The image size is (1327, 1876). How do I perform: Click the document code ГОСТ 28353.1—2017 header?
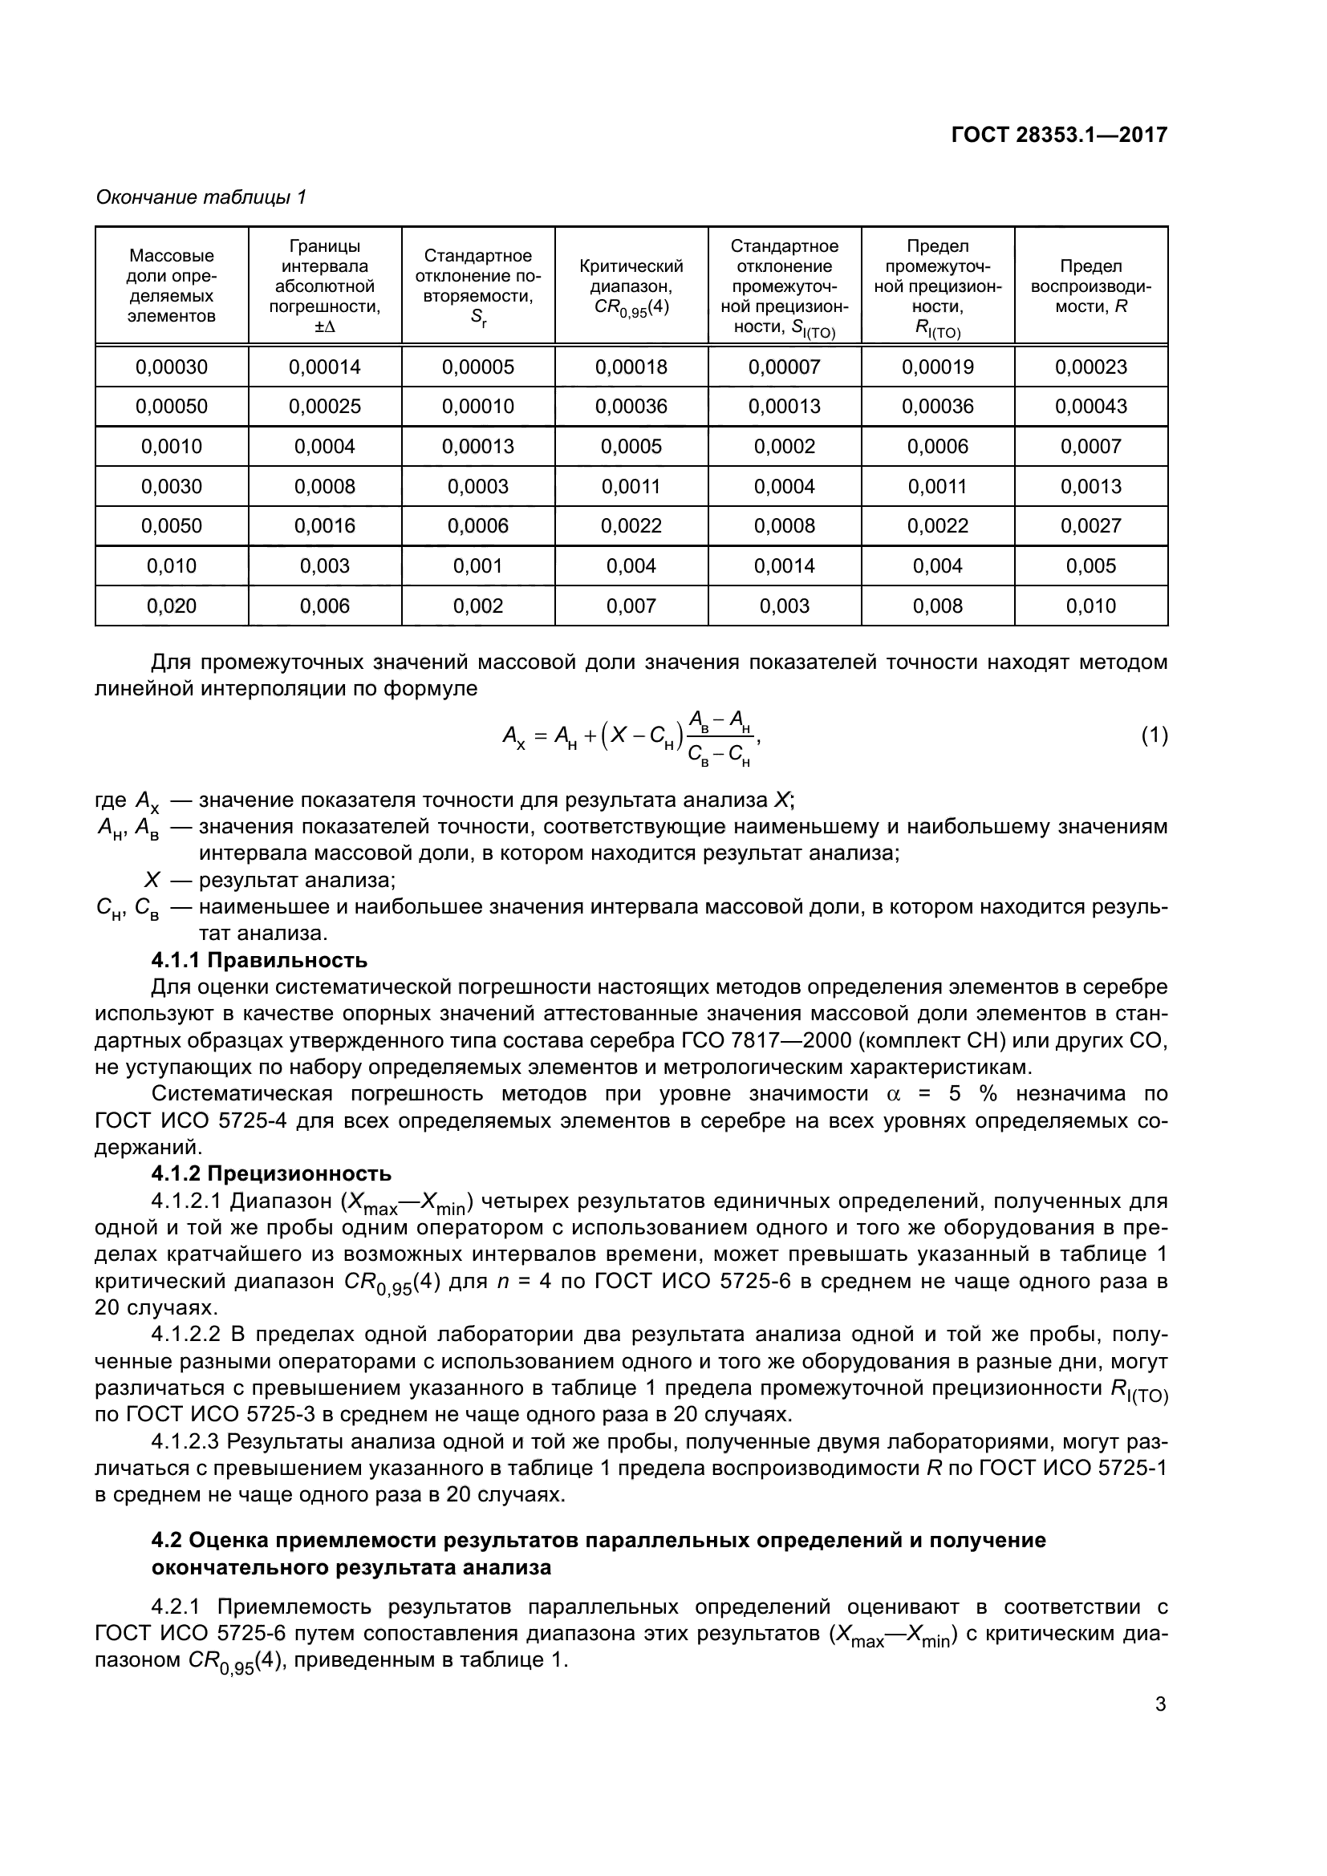pos(1059,135)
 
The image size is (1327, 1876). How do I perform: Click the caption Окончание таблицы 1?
pos(201,198)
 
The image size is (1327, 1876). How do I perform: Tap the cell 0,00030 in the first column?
pos(172,367)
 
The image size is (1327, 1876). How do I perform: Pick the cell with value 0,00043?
pos(1091,407)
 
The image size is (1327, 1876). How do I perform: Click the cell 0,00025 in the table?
pos(324,407)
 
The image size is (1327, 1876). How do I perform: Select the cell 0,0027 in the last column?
pos(1091,526)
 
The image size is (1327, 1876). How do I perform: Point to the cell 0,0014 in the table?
pos(784,566)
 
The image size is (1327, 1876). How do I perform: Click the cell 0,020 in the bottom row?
pos(172,606)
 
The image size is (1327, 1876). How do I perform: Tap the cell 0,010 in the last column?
pos(1091,606)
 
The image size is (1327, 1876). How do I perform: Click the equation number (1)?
pos(1154,736)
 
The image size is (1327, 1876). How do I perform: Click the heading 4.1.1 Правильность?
pos(259,960)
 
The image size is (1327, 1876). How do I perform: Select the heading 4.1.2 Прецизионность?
pos(271,1174)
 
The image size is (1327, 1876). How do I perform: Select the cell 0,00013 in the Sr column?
pos(478,447)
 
